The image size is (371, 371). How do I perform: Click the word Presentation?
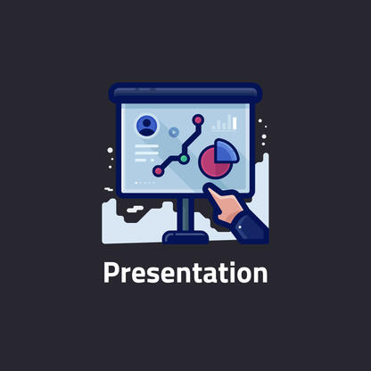185,273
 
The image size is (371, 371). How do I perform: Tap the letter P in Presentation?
111,273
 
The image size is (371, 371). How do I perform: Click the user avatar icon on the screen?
145,127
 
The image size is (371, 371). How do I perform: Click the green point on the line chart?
184,159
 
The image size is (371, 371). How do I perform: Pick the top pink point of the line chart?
198,119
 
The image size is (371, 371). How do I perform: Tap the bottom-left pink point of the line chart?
158,170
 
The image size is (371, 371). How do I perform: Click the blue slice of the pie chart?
227,151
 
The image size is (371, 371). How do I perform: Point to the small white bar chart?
225,123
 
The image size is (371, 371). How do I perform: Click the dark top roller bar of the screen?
185,93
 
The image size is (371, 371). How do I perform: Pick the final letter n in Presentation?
260,274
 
